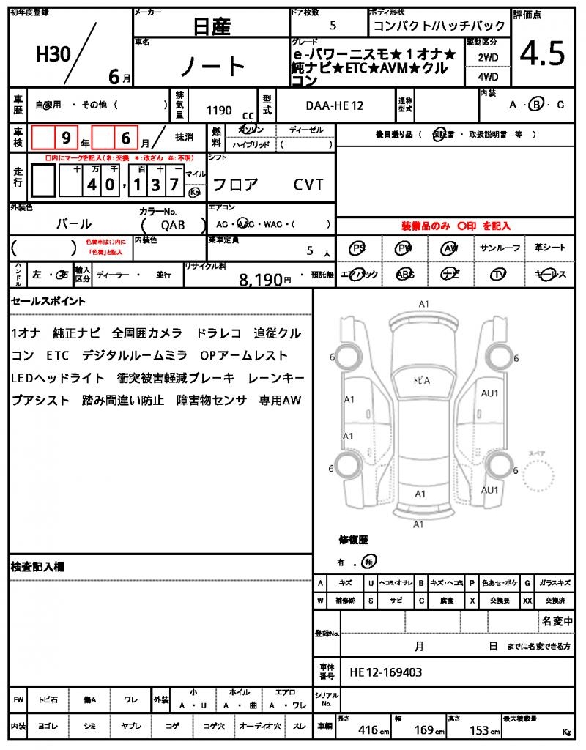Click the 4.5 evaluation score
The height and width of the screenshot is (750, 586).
point(542,54)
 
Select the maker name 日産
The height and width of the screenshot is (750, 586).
point(212,27)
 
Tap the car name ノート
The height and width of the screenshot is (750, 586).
point(212,67)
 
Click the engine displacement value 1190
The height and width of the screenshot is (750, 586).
point(219,111)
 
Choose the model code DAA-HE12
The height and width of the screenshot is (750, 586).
point(334,106)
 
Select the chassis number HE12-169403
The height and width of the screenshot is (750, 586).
point(385,672)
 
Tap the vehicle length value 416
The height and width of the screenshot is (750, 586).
point(368,729)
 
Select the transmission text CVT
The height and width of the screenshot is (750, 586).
point(308,185)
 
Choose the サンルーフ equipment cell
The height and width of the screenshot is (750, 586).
point(500,248)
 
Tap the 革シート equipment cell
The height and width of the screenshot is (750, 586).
point(550,248)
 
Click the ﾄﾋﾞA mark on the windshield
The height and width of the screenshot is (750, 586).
point(419,380)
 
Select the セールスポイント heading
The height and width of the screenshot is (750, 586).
point(48,301)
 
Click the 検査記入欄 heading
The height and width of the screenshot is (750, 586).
point(38,567)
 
